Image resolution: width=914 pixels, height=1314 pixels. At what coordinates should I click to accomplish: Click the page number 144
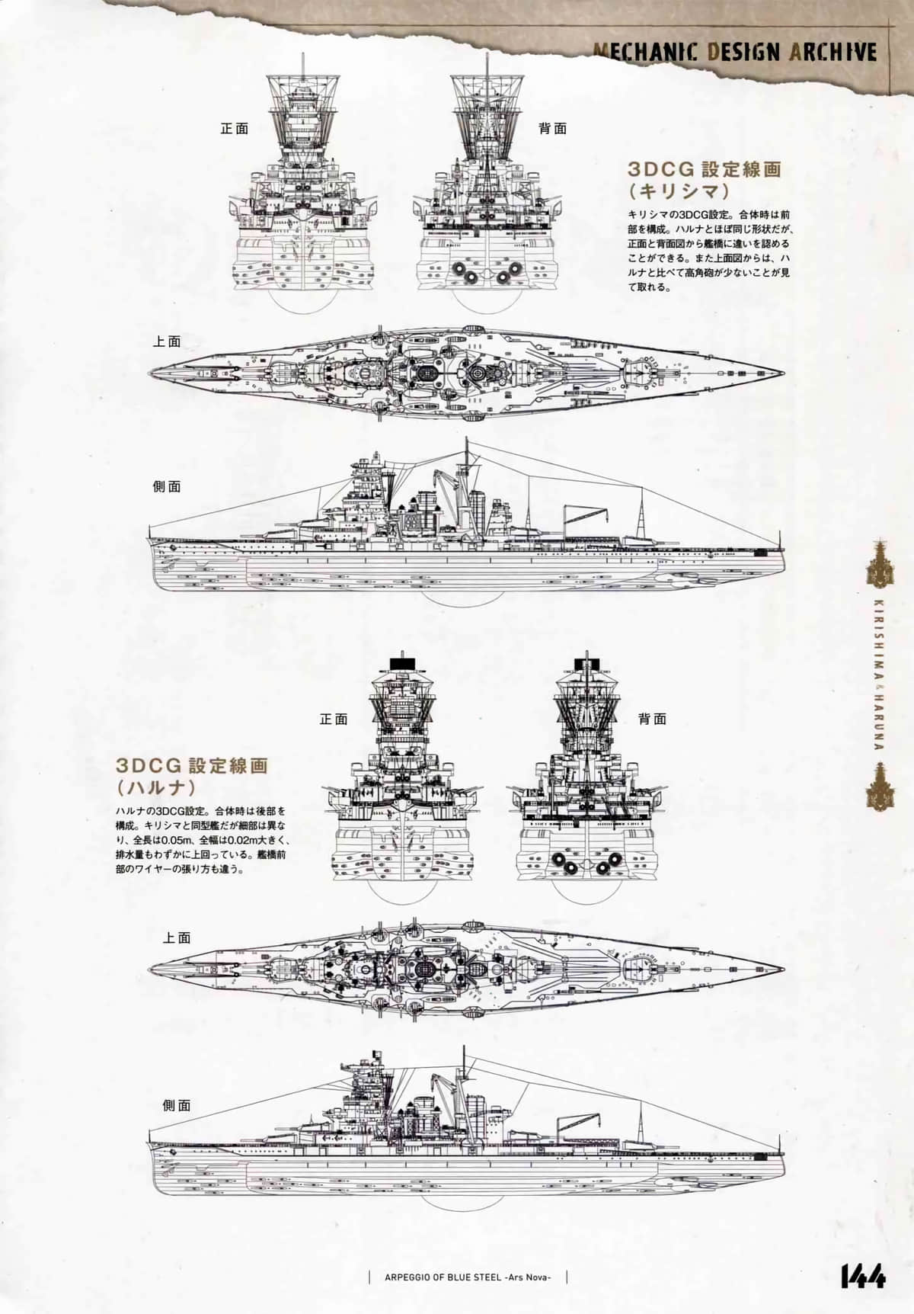pyautogui.click(x=863, y=1277)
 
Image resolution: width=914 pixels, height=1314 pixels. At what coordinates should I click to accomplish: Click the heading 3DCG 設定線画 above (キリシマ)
pyautogui.click(x=704, y=169)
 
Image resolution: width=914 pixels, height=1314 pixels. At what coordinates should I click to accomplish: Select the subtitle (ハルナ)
pyautogui.click(x=155, y=786)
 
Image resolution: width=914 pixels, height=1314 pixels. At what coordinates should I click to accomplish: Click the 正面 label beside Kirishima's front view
pyautogui.click(x=235, y=129)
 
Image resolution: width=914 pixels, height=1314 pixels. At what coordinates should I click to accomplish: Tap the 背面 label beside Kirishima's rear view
pyautogui.click(x=552, y=129)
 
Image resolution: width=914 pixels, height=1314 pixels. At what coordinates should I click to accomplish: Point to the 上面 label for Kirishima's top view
pyautogui.click(x=167, y=341)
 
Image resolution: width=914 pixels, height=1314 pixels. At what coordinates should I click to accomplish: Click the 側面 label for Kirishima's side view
pyautogui.click(x=167, y=486)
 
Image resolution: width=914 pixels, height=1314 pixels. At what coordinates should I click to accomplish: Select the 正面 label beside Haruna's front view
pyautogui.click(x=334, y=719)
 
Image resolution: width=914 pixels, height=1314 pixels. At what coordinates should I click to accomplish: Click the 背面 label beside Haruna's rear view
pyautogui.click(x=652, y=719)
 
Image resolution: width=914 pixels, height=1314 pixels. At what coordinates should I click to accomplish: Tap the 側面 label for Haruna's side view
pyautogui.click(x=177, y=1105)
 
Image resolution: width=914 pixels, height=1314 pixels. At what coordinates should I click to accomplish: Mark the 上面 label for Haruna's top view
pyautogui.click(x=177, y=937)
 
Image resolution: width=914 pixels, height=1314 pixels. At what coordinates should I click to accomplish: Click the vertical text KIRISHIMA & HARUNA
pyautogui.click(x=878, y=674)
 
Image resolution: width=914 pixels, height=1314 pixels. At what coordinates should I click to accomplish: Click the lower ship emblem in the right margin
pyautogui.click(x=878, y=785)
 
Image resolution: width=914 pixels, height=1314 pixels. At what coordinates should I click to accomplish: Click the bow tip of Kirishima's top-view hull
pyautogui.click(x=783, y=373)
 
